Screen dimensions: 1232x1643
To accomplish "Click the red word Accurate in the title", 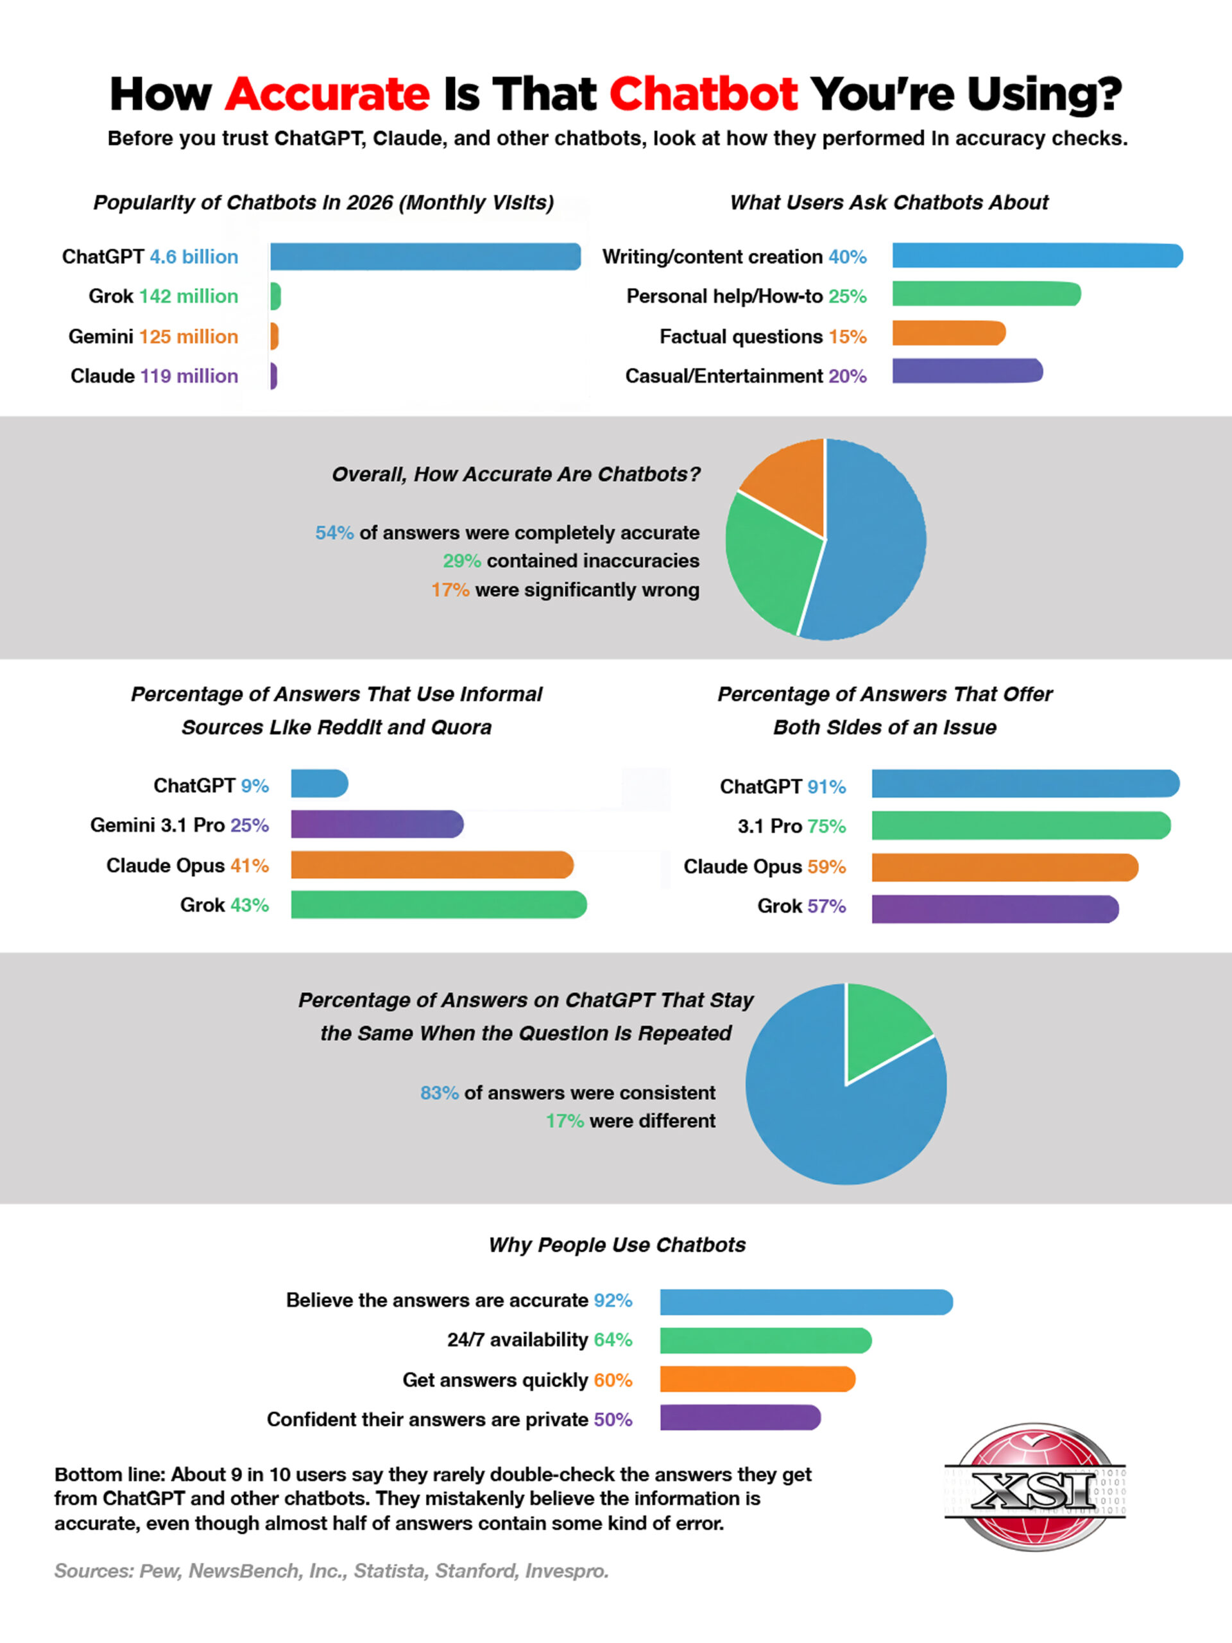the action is (327, 94).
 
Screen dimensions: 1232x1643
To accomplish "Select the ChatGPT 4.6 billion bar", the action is (425, 256).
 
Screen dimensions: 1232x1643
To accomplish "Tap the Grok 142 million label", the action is (164, 297).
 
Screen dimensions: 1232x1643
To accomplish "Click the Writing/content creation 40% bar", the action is (1038, 255).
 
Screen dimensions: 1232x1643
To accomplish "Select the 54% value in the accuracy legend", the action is (334, 533).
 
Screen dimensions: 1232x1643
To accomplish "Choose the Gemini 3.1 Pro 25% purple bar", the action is (377, 825).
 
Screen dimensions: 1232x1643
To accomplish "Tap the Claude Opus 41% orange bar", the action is (432, 865).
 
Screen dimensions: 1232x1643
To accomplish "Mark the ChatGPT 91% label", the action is (783, 787).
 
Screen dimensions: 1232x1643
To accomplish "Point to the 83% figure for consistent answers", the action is (439, 1092).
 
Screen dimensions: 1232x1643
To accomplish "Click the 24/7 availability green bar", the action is (766, 1341).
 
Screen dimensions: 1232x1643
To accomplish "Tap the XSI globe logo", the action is (1035, 1486).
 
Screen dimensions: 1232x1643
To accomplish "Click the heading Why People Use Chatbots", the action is (617, 1245).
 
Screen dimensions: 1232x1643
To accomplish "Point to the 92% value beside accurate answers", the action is (613, 1300).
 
